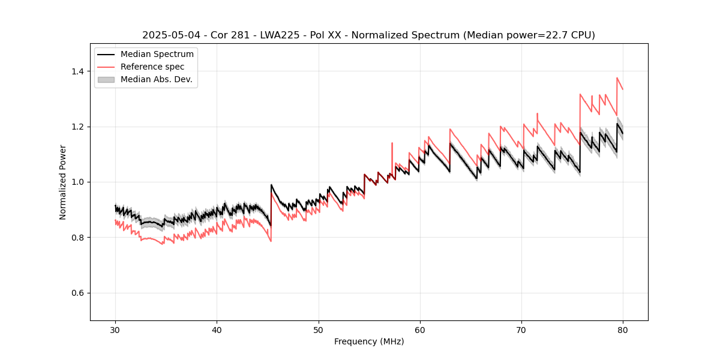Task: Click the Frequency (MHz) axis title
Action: [x=369, y=341]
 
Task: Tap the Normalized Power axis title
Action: [x=63, y=182]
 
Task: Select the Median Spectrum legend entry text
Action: [x=157, y=55]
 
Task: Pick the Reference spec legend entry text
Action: [x=152, y=67]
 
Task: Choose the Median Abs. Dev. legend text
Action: [x=156, y=79]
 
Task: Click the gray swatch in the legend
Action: [x=106, y=79]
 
